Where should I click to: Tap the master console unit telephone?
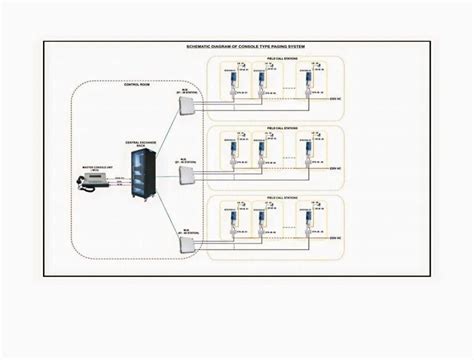point(84,181)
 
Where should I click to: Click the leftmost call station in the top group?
point(232,78)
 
